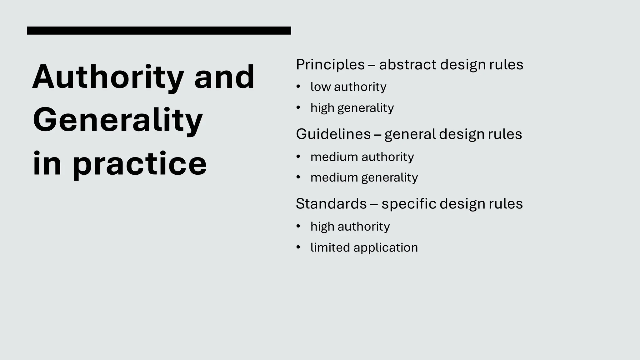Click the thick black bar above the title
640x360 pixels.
[x=159, y=30]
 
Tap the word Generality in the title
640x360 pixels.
[x=118, y=120]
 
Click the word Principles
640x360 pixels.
[x=330, y=65]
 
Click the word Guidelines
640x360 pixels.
[x=333, y=134]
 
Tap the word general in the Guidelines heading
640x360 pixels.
[x=410, y=134]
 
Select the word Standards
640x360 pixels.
[x=331, y=204]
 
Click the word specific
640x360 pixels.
[x=408, y=204]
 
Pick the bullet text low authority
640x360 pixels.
[x=348, y=87]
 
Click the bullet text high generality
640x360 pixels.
[x=352, y=108]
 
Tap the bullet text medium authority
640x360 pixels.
[x=362, y=157]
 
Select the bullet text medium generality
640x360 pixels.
[x=364, y=178]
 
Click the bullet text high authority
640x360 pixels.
[x=350, y=227]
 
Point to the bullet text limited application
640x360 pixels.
[x=364, y=247]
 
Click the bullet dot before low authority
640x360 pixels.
[x=298, y=87]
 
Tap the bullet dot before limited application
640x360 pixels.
[x=298, y=247]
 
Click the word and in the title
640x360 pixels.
[x=224, y=77]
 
